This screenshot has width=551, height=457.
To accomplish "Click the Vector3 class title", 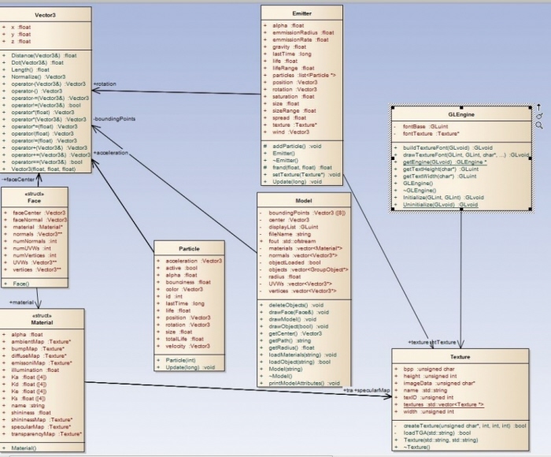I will point(45,13).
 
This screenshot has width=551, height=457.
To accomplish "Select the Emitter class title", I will point(301,13).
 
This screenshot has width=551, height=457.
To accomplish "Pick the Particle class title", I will point(188,248).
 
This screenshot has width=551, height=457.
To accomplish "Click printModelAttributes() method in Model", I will point(303,383).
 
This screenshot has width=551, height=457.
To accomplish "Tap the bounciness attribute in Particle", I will point(188,281).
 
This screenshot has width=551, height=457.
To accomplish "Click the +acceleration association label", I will point(111,153).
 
